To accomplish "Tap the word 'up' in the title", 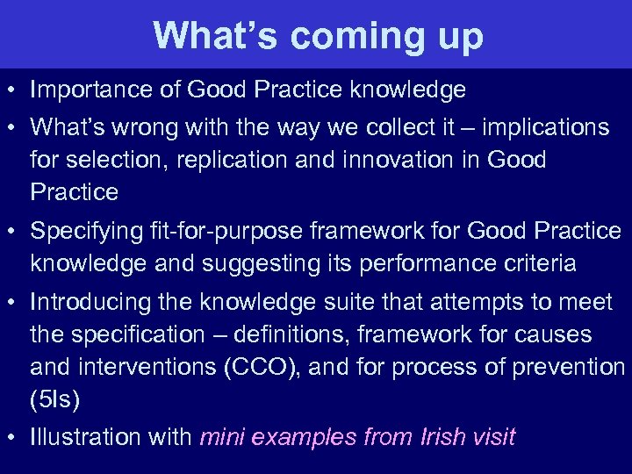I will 456,36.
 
